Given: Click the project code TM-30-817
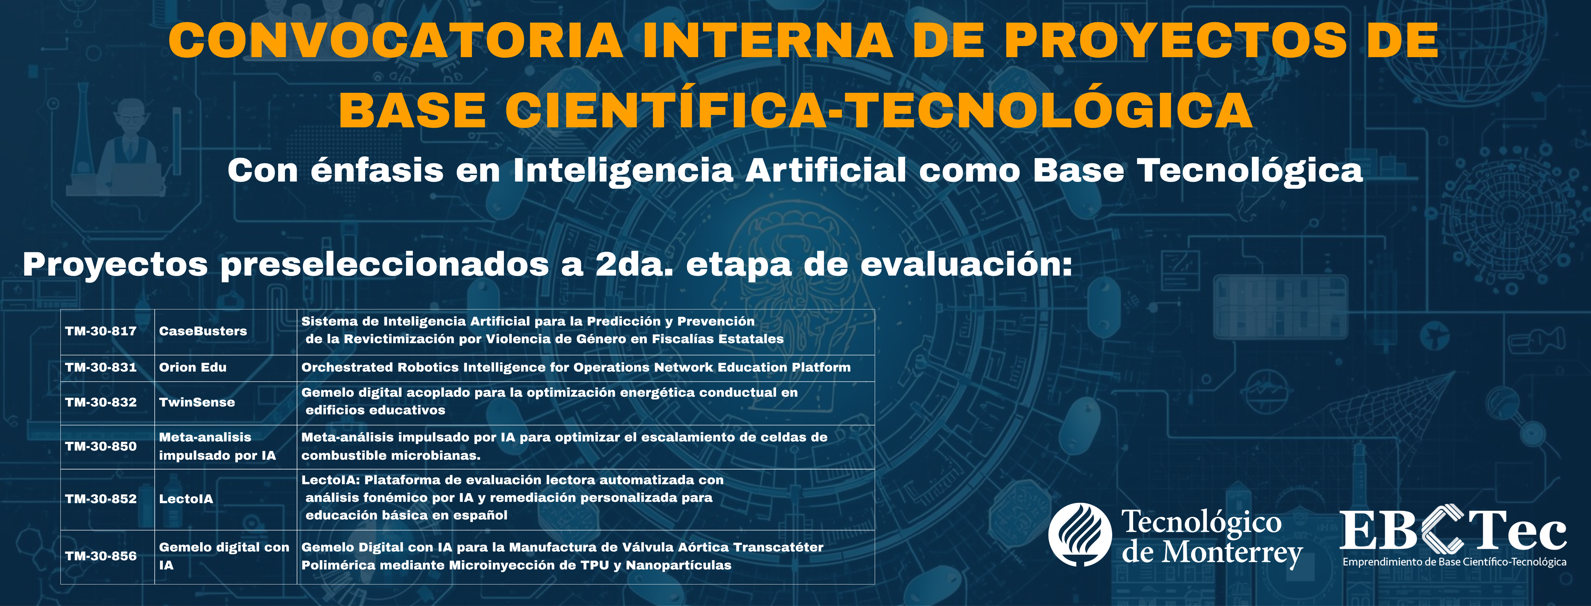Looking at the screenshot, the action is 101,331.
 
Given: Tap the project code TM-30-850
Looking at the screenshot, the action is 101,446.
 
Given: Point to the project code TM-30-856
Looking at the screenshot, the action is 101,556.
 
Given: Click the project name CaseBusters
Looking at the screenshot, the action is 203,331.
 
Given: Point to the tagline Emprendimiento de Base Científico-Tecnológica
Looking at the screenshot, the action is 1455,562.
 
